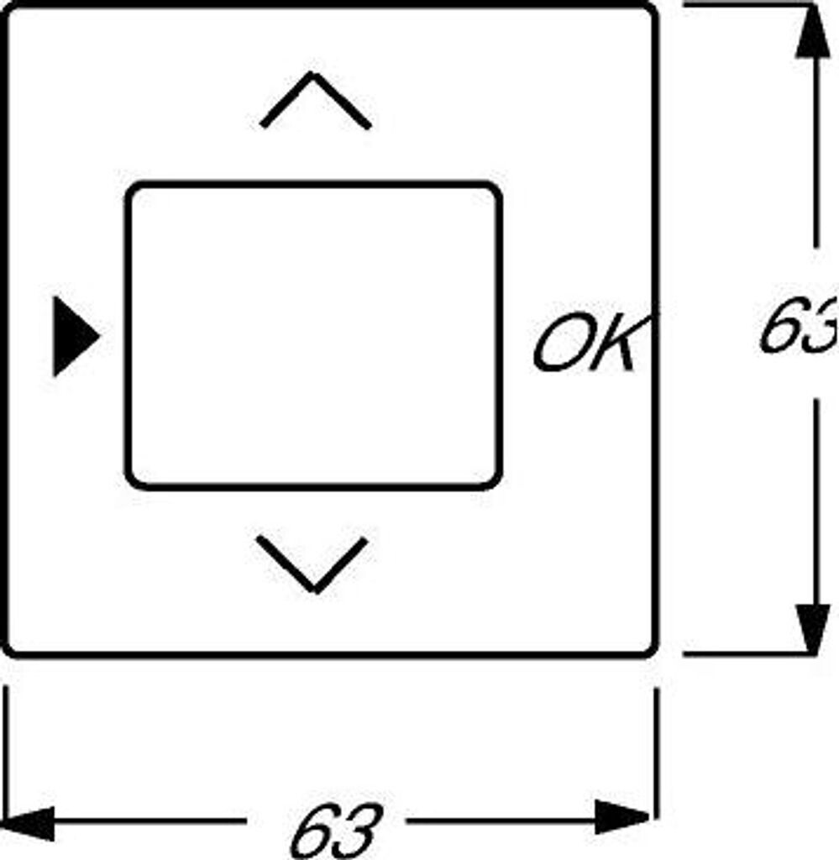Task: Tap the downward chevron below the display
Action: [312, 563]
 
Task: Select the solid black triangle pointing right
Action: [74, 335]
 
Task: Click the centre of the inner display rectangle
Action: [314, 334]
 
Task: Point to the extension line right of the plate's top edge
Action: [739, 4]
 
